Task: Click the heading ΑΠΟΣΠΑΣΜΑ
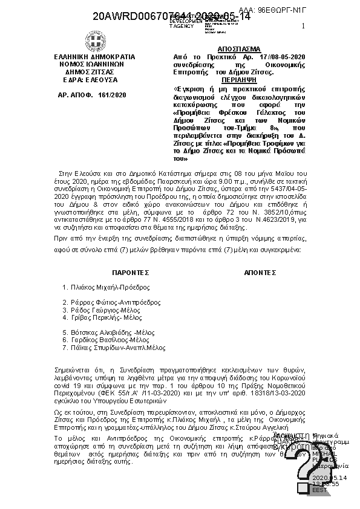click(238, 48)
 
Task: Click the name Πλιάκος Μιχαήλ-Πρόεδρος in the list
click(110, 287)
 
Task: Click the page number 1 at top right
click(303, 27)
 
